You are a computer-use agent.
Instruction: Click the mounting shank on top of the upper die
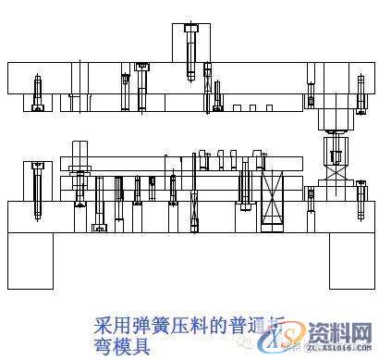coord(190,43)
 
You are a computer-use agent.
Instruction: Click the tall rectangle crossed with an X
coord(273,198)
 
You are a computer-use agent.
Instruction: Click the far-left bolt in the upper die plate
coord(38,93)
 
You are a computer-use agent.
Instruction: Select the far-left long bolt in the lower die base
coord(37,192)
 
